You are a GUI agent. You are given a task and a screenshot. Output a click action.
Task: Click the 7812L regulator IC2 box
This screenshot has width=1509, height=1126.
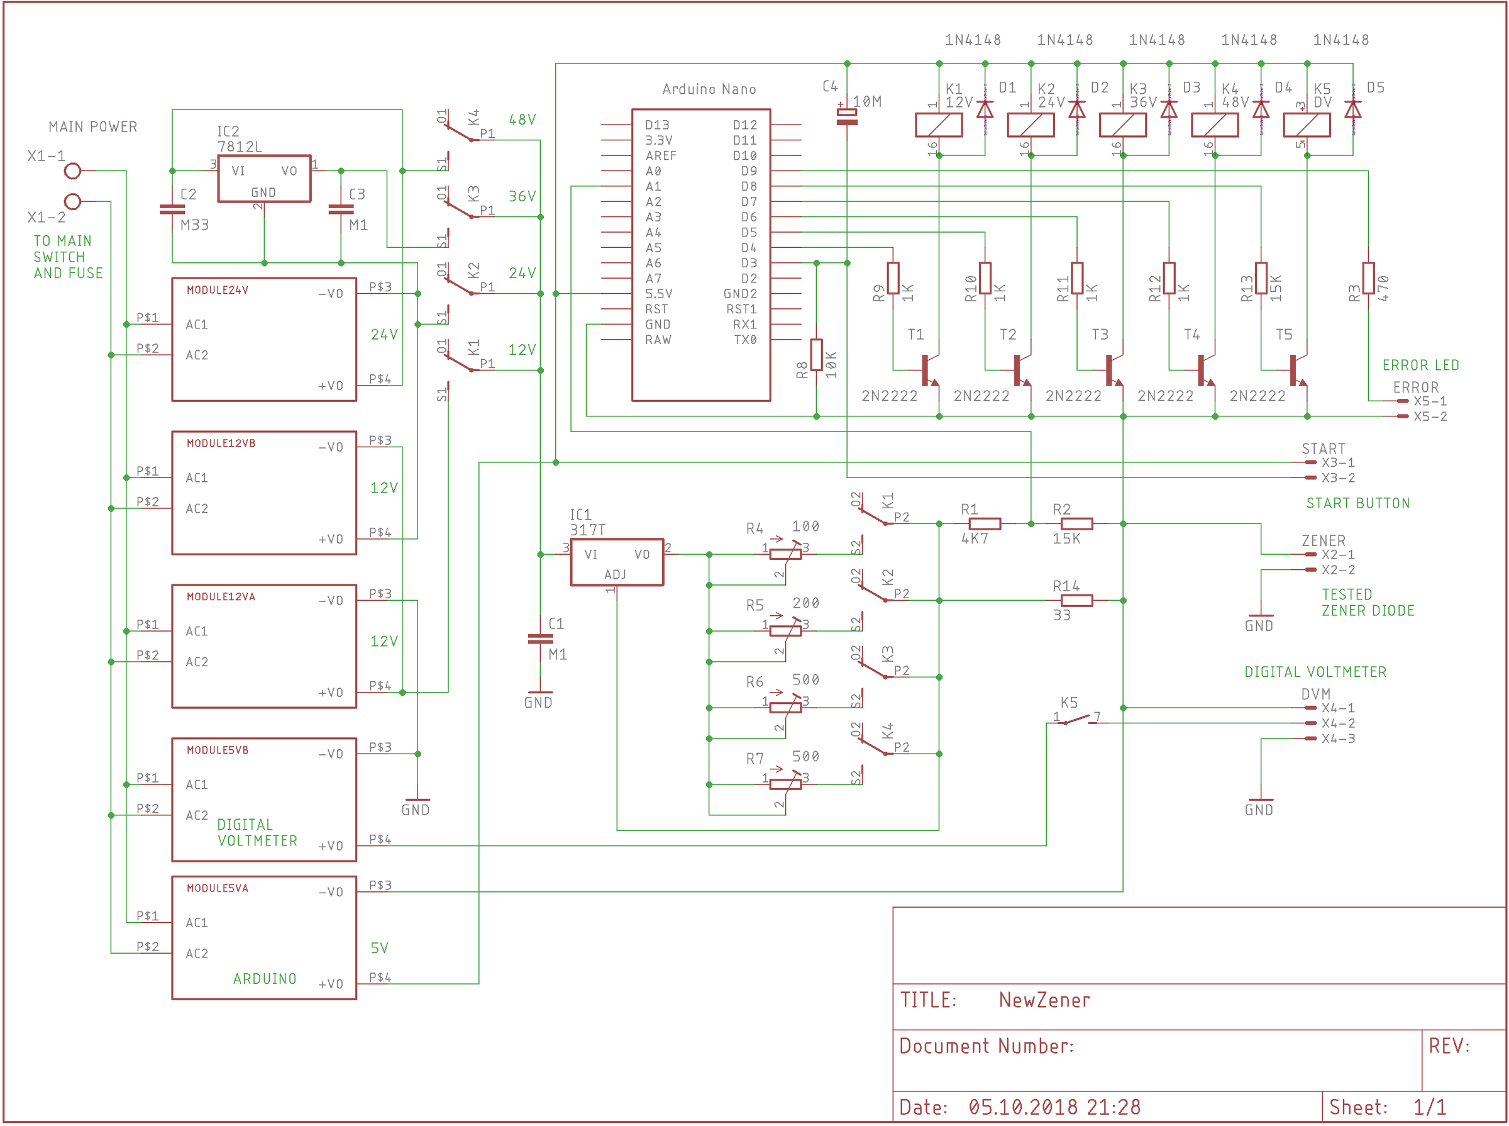pos(263,179)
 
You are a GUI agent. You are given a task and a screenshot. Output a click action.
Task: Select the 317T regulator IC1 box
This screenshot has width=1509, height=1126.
pos(616,562)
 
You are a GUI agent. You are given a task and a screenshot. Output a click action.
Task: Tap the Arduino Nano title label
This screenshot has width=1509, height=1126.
pos(709,89)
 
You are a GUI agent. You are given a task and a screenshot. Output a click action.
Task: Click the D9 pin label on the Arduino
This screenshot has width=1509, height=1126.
pos(749,171)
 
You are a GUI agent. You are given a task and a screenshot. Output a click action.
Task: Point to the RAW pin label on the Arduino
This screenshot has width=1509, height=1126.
pos(658,340)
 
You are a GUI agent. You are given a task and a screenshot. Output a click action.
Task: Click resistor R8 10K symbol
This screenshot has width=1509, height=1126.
pos(816,354)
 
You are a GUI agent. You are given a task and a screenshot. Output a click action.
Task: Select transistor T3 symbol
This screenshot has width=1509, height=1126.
pos(1112,370)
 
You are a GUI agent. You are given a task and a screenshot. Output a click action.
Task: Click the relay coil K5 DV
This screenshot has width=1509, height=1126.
pos(1306,125)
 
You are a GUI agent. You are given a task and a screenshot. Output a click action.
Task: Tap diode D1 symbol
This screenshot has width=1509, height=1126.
pos(985,109)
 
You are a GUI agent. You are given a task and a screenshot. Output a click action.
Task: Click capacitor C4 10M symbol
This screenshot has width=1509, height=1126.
pos(846,116)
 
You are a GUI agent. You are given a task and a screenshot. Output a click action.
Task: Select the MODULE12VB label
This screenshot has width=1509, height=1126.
pos(221,443)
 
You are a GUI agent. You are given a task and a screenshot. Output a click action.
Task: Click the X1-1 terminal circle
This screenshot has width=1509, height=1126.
pos(72,170)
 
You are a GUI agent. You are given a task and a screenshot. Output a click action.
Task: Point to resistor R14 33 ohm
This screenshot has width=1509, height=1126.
pos(1076,601)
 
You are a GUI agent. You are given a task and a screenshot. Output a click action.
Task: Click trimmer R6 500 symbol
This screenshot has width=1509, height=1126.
pos(785,708)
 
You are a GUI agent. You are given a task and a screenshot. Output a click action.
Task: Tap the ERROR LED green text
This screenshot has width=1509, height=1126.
pos(1420,365)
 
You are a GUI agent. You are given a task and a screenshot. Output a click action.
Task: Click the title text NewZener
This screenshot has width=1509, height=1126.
pos(1044,1000)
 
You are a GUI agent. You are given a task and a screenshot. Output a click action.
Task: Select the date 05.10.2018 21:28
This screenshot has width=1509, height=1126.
pos(1054,1107)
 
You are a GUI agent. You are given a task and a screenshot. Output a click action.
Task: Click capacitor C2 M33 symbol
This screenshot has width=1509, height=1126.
pos(172,209)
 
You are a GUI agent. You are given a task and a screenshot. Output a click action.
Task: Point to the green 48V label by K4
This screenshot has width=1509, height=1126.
pos(522,120)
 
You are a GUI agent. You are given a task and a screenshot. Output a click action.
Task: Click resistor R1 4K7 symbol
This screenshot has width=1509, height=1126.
pos(984,523)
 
